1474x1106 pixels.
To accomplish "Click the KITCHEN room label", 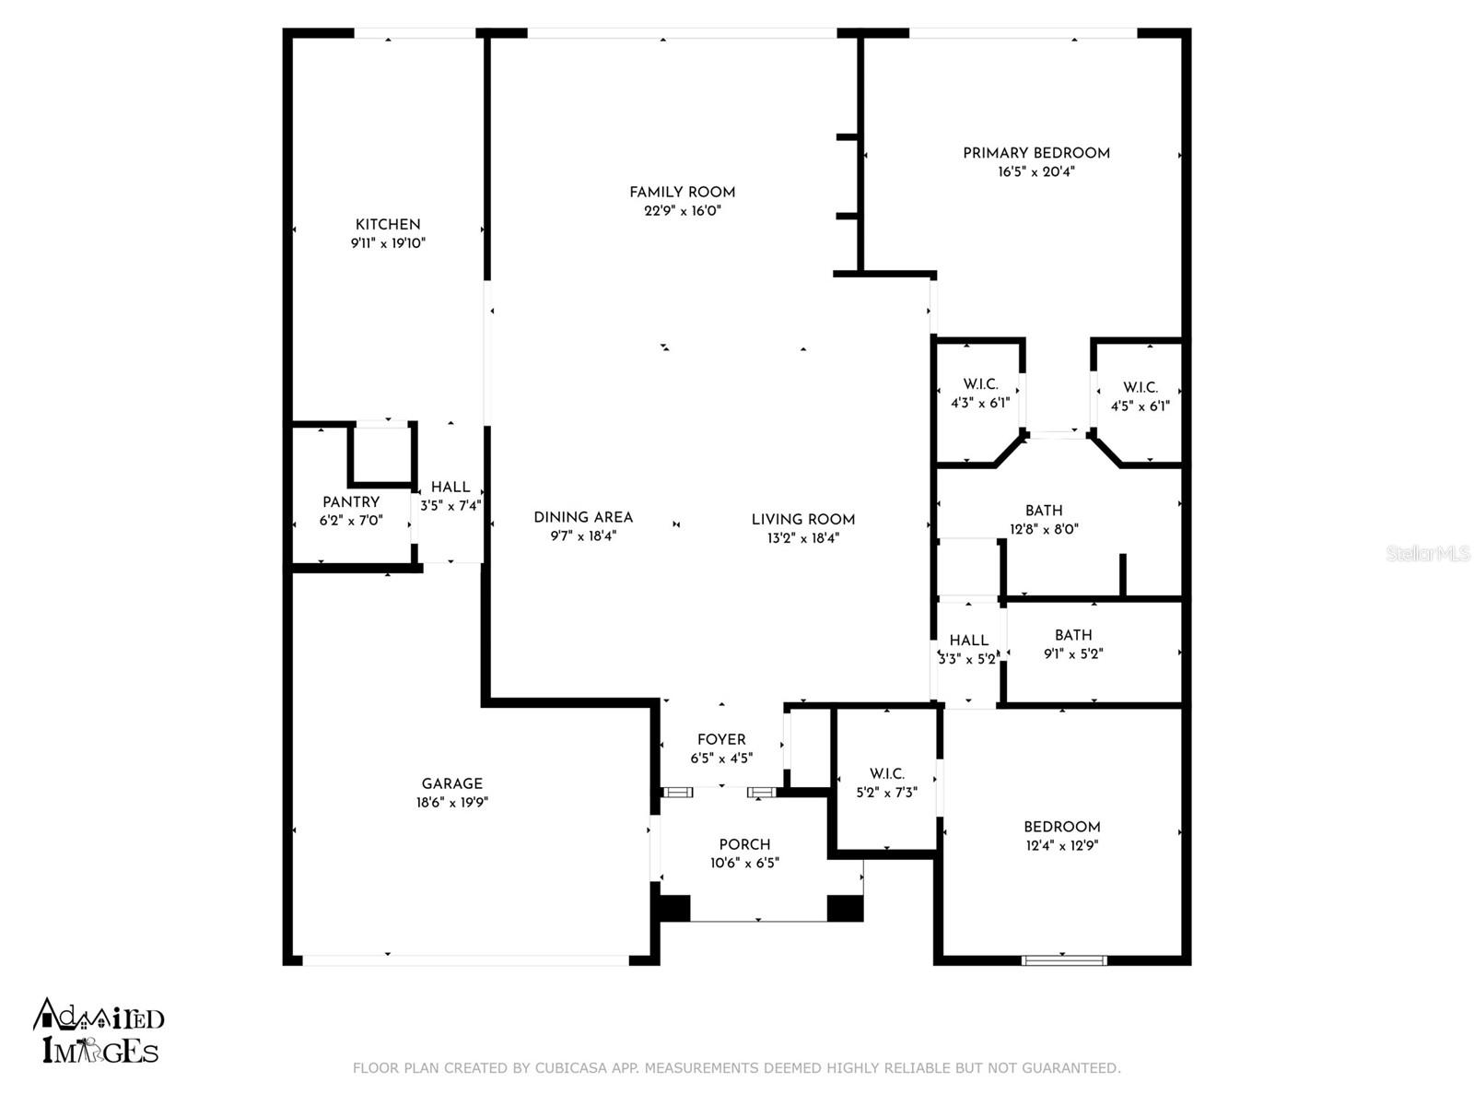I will [x=388, y=225].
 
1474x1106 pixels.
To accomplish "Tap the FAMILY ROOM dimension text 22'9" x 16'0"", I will [x=682, y=211].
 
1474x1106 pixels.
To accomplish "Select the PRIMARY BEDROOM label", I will [x=1035, y=153].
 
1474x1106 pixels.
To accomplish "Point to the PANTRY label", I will [x=351, y=502].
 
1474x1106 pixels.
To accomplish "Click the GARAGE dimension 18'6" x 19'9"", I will [x=451, y=803].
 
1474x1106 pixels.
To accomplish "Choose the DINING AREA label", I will [x=583, y=518].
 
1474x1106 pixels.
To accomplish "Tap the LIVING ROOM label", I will [x=802, y=520].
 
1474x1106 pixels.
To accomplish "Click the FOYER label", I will [x=721, y=740].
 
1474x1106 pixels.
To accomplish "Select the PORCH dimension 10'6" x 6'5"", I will [x=744, y=864].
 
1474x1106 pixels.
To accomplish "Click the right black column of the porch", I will [x=844, y=908].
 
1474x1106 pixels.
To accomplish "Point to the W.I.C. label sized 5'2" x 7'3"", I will [x=887, y=774].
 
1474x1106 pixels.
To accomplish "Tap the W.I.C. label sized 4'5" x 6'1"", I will [x=1140, y=388].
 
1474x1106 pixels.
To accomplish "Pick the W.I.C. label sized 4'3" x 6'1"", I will [x=980, y=384].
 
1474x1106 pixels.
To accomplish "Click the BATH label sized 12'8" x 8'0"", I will [x=1043, y=511].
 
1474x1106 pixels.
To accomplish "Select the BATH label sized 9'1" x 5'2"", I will [x=1073, y=635].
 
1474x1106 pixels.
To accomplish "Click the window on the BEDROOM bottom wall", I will [x=1064, y=960].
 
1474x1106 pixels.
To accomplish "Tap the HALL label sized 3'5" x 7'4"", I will [x=450, y=488].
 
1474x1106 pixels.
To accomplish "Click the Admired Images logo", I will [x=99, y=1031].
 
